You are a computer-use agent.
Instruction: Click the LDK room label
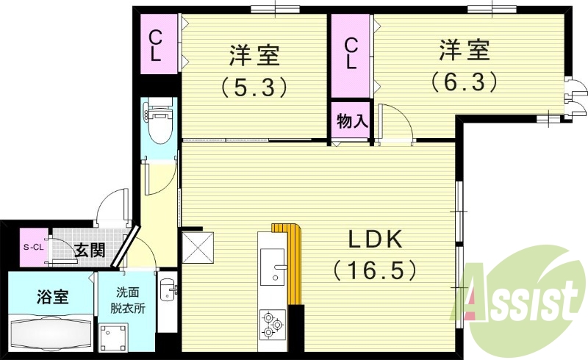click(x=374, y=240)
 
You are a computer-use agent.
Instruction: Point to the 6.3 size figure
click(x=465, y=79)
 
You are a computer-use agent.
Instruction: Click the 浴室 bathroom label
click(x=53, y=298)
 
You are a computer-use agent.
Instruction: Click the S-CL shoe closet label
click(x=33, y=247)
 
